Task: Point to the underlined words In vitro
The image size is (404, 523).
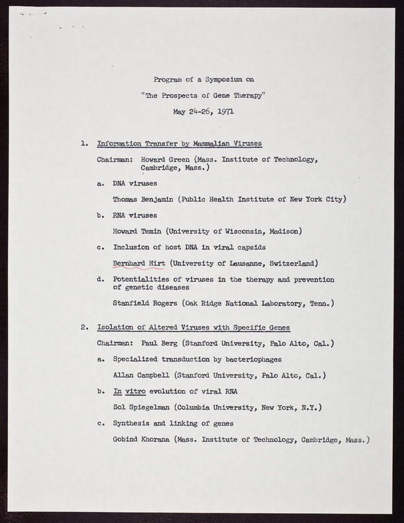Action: (x=128, y=392)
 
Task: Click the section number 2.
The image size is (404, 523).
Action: (x=84, y=327)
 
